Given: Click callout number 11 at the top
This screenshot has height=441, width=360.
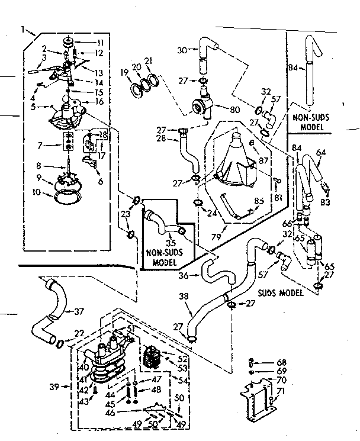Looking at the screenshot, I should click(100, 43).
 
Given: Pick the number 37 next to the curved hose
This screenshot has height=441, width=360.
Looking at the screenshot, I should click(80, 311).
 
